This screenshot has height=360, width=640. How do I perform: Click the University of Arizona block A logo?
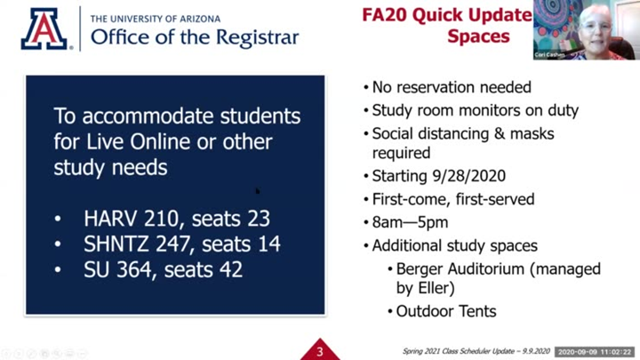(45, 28)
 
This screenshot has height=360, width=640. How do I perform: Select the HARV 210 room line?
(177, 218)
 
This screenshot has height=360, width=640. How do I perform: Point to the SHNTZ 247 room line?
(182, 244)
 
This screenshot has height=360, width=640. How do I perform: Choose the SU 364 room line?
(163, 269)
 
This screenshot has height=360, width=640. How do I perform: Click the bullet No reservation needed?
(451, 87)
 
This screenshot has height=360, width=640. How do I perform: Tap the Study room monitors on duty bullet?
(475, 110)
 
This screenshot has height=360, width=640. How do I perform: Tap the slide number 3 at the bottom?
(319, 351)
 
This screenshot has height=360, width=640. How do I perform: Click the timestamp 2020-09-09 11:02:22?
(595, 352)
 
